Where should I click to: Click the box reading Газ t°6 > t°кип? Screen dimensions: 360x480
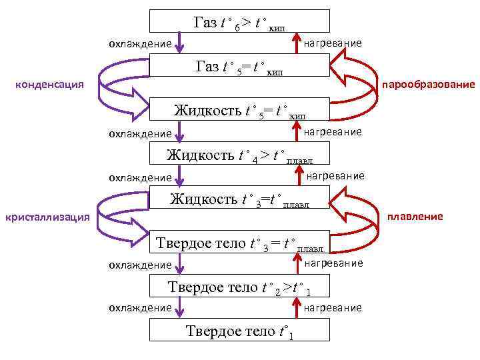(x=239, y=21)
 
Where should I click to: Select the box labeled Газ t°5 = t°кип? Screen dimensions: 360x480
(x=239, y=65)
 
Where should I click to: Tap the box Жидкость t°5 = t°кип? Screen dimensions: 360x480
(x=239, y=109)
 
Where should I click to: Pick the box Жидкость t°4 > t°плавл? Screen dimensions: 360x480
(x=239, y=155)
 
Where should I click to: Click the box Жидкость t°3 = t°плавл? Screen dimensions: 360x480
(x=239, y=198)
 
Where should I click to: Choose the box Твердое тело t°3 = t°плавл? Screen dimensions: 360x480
(x=239, y=243)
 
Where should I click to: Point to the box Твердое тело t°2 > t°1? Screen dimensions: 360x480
(x=239, y=287)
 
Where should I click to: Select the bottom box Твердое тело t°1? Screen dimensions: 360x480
(x=239, y=330)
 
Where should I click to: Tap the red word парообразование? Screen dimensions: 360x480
(x=427, y=85)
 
